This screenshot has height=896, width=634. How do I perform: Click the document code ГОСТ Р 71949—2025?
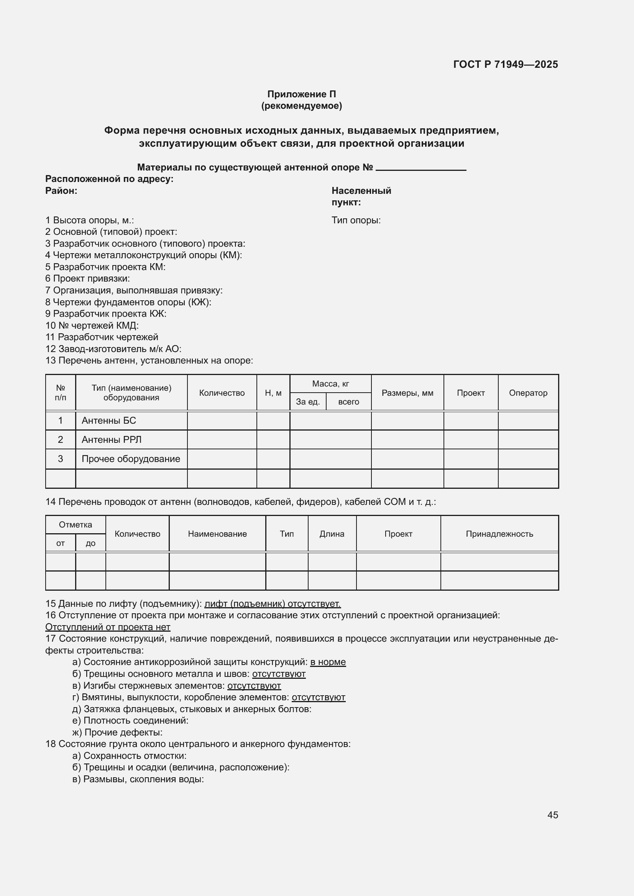(x=505, y=64)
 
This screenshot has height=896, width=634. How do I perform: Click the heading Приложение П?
(x=301, y=94)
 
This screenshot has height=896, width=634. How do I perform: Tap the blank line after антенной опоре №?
(x=420, y=168)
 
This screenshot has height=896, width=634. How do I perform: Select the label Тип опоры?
(x=356, y=220)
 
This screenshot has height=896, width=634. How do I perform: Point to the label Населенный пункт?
(x=361, y=196)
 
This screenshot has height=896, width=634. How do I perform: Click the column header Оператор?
(x=528, y=393)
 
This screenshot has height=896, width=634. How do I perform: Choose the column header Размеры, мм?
(x=407, y=393)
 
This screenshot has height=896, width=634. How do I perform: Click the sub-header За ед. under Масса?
(x=308, y=401)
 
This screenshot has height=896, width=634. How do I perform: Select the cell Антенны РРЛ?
(x=111, y=439)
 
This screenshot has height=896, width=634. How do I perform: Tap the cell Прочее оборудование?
(x=131, y=459)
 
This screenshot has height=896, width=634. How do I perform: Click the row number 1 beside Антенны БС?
(x=61, y=420)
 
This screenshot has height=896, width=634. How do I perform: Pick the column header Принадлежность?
(x=499, y=534)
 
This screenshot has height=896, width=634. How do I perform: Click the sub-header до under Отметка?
(x=90, y=543)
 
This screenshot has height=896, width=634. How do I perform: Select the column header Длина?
(x=332, y=534)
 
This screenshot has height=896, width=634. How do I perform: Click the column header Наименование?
(x=217, y=534)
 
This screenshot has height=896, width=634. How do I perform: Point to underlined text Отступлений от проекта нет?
(x=108, y=627)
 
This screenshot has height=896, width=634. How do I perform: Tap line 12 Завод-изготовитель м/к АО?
(x=113, y=349)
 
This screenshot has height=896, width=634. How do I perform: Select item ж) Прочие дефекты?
(x=117, y=732)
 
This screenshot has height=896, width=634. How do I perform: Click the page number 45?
(x=552, y=815)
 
